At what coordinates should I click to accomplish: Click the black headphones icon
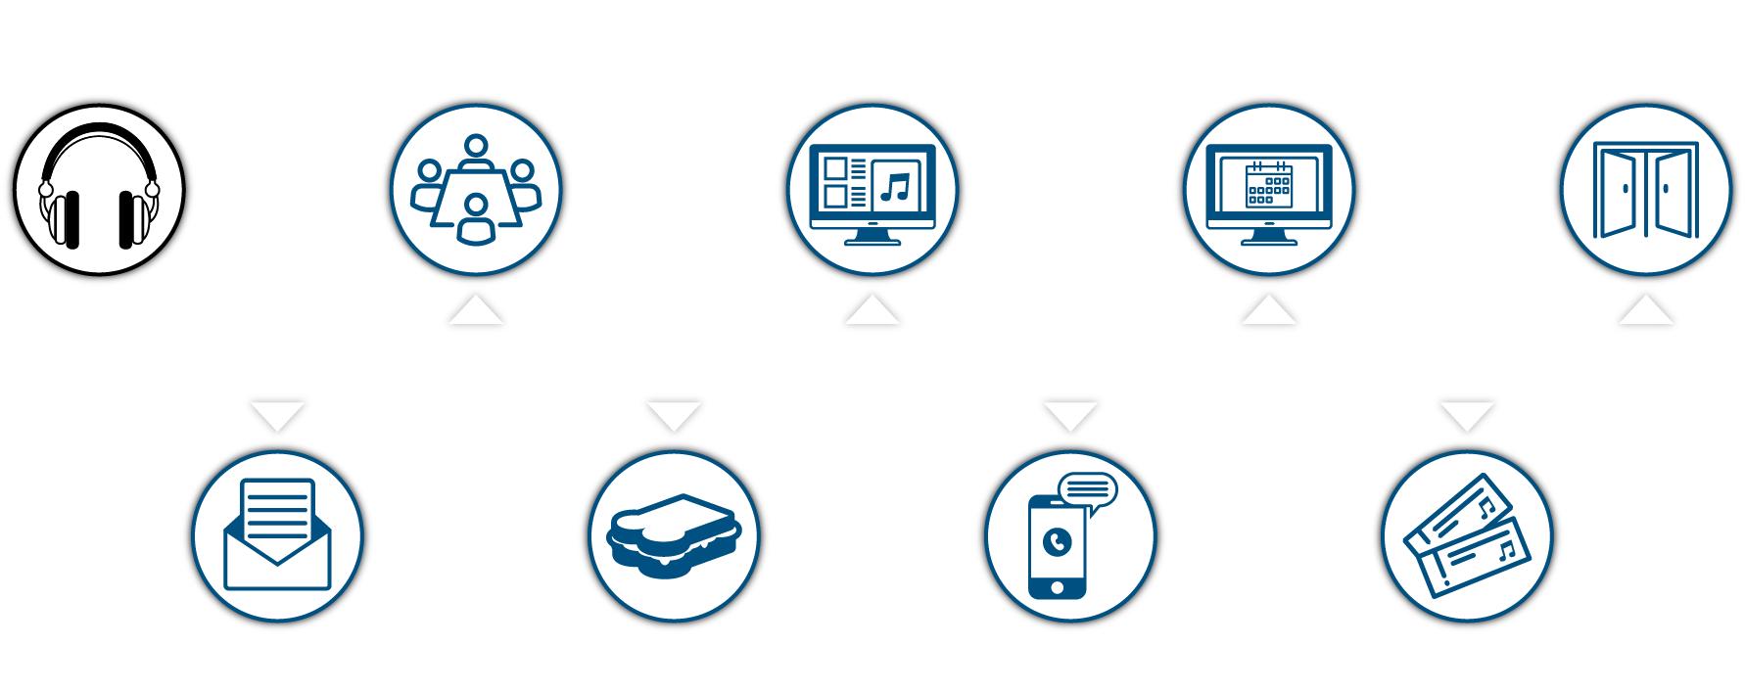point(99,189)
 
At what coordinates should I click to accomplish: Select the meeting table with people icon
point(476,190)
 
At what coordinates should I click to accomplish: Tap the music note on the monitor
point(895,186)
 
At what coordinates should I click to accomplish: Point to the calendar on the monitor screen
point(1269,185)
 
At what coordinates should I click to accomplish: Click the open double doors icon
point(1646,190)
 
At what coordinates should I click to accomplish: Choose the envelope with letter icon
point(278,535)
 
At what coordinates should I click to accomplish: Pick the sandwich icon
point(674,536)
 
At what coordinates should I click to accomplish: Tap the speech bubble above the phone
point(1087,489)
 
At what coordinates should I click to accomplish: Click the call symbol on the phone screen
point(1058,541)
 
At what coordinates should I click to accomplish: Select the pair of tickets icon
point(1466,536)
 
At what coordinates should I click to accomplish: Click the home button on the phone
point(1057,587)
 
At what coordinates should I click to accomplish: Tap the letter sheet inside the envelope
point(278,509)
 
